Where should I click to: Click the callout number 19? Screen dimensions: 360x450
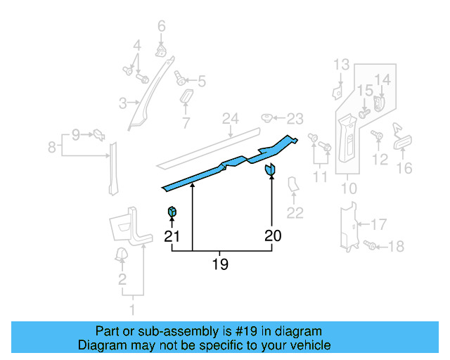[x=220, y=264]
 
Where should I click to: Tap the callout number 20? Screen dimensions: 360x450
[x=272, y=236]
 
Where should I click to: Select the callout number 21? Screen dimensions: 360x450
[x=172, y=237]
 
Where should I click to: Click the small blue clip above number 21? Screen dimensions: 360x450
[x=172, y=212]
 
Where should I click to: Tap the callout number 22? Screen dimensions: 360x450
[x=295, y=213]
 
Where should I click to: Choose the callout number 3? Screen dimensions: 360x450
[x=122, y=104]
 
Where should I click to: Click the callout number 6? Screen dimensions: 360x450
[x=162, y=27]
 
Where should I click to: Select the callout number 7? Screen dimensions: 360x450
[x=186, y=124]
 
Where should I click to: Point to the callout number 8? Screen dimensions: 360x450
[x=51, y=148]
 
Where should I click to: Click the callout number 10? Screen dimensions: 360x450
[x=349, y=188]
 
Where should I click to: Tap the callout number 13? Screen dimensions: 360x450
[x=341, y=65]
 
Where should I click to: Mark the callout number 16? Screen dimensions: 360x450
[x=404, y=168]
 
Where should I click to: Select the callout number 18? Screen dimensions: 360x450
[x=397, y=247]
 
